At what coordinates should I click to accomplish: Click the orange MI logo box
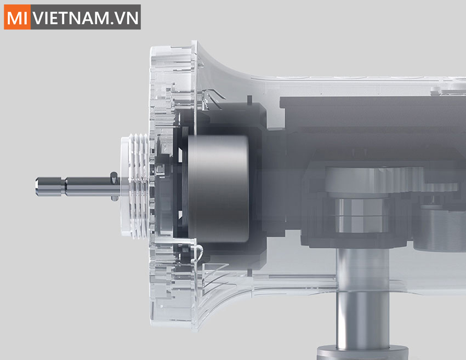pos(17,16)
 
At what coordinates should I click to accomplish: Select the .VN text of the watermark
pos(125,17)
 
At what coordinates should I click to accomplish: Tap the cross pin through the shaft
pos(112,185)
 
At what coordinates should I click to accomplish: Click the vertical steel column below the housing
pos(362,307)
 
